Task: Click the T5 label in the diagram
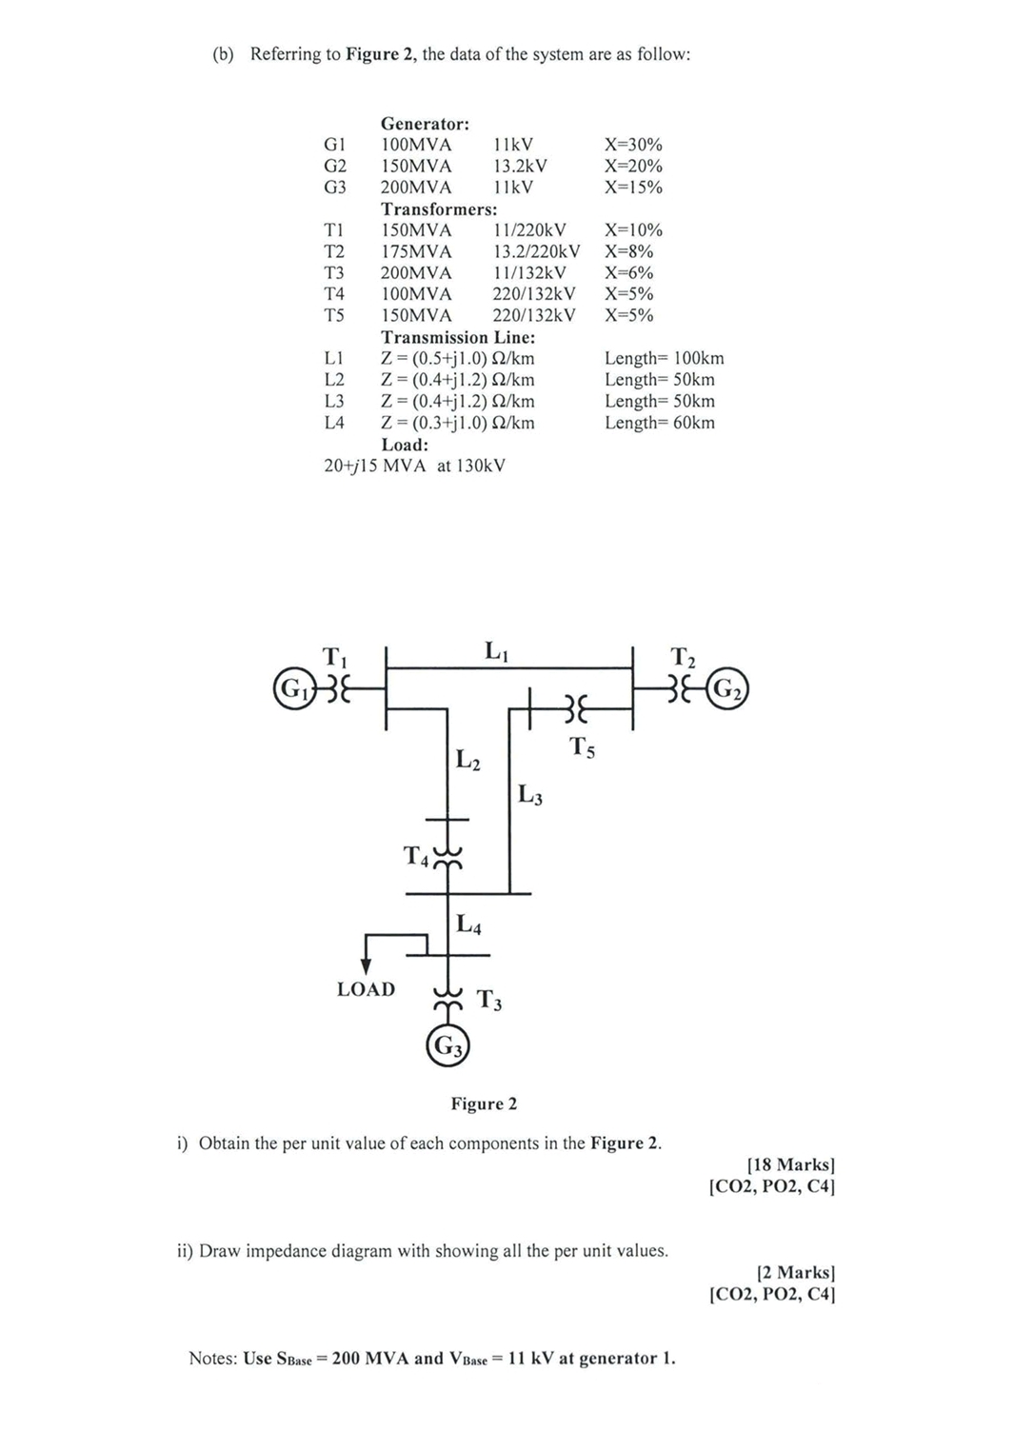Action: [583, 747]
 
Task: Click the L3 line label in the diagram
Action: [530, 793]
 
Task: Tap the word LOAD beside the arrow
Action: [366, 989]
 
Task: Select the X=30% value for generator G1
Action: [633, 145]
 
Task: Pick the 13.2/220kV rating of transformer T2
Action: [536, 251]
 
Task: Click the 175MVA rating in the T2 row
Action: [416, 251]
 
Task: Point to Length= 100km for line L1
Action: [664, 358]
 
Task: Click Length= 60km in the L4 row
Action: [659, 423]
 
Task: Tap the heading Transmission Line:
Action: [458, 337]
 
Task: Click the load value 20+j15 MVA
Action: [374, 466]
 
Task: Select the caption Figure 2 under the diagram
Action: [484, 1103]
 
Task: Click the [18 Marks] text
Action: [790, 1164]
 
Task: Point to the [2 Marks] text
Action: [795, 1272]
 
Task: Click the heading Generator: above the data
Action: [425, 124]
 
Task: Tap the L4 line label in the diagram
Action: [468, 924]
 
